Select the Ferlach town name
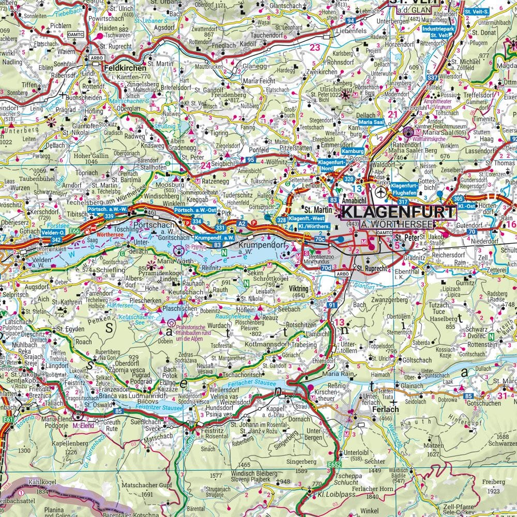(x=385, y=409)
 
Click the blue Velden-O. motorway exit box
(x=53, y=233)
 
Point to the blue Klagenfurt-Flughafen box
(x=404, y=189)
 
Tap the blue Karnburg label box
(x=353, y=152)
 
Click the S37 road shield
(x=432, y=77)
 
